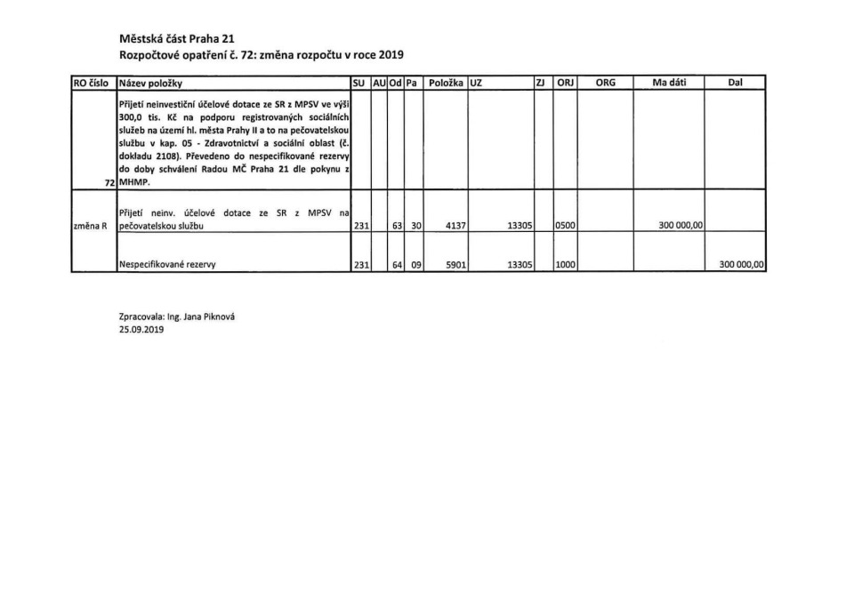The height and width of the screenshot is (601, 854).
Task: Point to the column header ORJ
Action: (565, 83)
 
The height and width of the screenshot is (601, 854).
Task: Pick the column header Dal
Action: (735, 83)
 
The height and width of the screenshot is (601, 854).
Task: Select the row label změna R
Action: (90, 226)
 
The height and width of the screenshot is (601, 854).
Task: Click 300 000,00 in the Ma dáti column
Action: (681, 226)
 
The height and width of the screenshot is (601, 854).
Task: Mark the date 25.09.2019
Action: (141, 329)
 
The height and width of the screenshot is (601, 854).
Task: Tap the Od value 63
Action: (397, 226)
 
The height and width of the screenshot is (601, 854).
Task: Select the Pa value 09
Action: (415, 265)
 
